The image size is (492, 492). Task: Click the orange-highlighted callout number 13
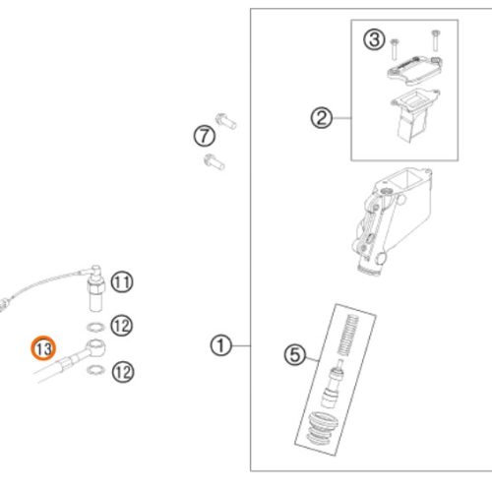(x=43, y=348)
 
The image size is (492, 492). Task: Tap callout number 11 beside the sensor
(x=122, y=282)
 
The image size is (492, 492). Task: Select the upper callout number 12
(x=122, y=326)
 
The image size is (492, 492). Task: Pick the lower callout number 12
(x=123, y=372)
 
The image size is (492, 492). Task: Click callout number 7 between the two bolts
(x=205, y=136)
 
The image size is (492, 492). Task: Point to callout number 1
(x=220, y=345)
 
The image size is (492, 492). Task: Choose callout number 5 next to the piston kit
(x=295, y=354)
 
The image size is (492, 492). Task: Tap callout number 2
(x=322, y=118)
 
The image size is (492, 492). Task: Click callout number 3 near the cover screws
(x=374, y=39)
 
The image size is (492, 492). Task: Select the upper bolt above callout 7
(x=226, y=121)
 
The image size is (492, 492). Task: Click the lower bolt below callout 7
(x=215, y=161)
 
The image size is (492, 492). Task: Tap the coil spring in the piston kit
(x=347, y=336)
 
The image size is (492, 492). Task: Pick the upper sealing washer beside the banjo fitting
(x=95, y=327)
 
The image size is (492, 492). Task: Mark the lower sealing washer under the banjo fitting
(x=96, y=370)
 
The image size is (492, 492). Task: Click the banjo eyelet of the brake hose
(x=95, y=347)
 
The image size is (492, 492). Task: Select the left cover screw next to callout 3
(x=395, y=49)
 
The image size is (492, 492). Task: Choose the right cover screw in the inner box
(x=436, y=40)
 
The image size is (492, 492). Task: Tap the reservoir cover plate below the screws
(x=415, y=69)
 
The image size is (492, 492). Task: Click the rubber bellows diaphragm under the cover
(x=414, y=116)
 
